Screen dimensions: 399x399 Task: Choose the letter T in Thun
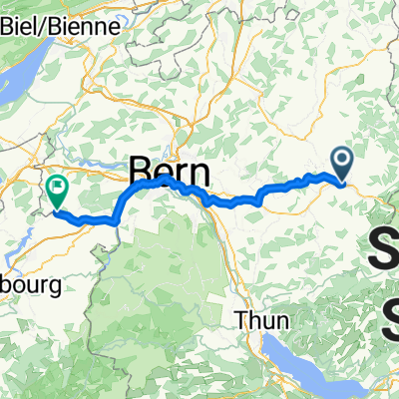242,321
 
